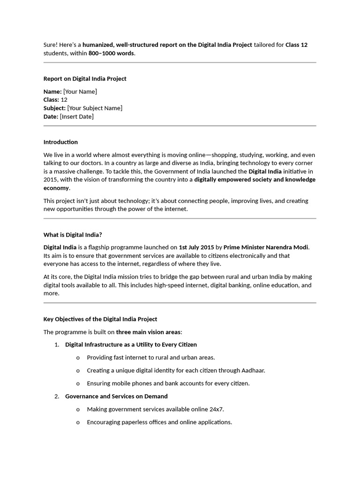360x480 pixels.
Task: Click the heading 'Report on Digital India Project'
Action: (x=85, y=79)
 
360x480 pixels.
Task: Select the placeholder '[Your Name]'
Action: (x=80, y=91)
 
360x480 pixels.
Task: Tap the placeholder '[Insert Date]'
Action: (x=77, y=117)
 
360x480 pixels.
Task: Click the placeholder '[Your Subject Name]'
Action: (x=95, y=108)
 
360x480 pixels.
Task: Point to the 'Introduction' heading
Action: (x=60, y=142)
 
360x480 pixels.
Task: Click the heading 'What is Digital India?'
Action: (x=72, y=234)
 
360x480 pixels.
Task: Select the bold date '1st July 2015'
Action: (x=196, y=247)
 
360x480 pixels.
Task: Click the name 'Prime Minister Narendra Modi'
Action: (x=266, y=247)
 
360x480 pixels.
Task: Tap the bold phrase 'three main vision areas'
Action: (x=148, y=332)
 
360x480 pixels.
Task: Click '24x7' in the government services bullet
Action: (x=216, y=409)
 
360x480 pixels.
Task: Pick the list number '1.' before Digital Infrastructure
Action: (x=57, y=345)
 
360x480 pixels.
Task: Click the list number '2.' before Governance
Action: (x=57, y=397)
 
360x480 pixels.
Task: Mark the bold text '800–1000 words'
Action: (x=111, y=53)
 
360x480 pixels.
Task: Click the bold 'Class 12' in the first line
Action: (x=296, y=45)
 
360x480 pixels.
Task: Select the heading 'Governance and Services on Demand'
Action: (x=116, y=397)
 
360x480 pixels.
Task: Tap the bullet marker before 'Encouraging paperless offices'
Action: (x=78, y=422)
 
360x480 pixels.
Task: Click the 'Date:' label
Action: (x=51, y=117)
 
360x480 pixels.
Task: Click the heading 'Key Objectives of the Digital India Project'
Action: (x=100, y=319)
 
